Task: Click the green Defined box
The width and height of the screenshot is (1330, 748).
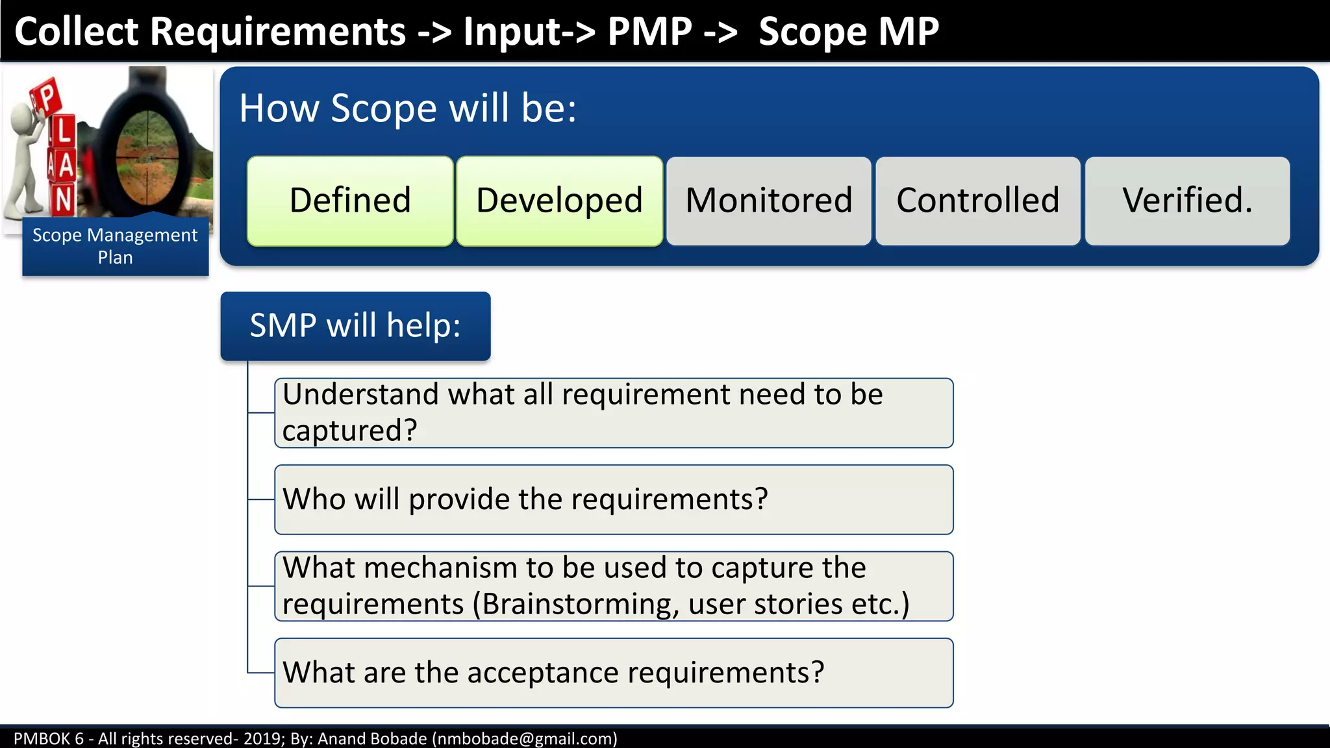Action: [350, 201]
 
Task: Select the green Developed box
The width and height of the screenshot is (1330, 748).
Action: [559, 201]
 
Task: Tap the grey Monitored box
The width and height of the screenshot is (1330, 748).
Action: [769, 201]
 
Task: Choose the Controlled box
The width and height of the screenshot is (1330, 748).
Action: [978, 201]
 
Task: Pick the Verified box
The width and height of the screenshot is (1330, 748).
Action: [1187, 201]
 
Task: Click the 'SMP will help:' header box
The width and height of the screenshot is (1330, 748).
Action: [355, 325]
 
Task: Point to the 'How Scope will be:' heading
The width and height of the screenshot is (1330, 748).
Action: [408, 108]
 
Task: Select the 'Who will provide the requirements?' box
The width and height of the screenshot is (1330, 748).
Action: [614, 499]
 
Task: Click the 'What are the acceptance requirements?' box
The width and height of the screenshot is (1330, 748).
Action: [614, 673]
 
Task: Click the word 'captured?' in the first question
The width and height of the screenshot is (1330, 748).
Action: [349, 430]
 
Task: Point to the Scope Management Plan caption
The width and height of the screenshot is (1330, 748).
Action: [115, 246]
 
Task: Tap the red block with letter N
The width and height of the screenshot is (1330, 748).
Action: [63, 200]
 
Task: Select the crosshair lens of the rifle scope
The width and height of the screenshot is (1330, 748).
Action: [147, 156]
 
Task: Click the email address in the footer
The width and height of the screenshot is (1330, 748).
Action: [524, 739]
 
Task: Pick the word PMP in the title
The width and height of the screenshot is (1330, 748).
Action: [649, 31]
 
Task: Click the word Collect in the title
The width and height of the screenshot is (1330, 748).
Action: [77, 31]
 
